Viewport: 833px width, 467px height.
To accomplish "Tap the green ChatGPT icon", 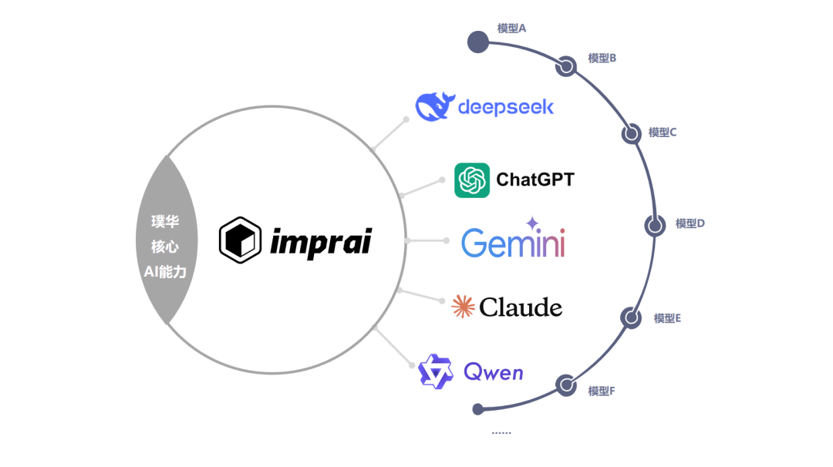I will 472,180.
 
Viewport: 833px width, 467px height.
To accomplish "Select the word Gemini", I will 513,243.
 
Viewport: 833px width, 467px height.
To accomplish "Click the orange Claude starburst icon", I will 463,307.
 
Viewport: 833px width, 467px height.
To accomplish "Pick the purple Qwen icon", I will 435,371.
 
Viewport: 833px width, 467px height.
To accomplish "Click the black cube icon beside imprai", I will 239,240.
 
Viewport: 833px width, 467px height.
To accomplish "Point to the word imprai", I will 321,242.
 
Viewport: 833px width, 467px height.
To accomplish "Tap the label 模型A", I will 511,29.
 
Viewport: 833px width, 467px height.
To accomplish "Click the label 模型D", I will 690,223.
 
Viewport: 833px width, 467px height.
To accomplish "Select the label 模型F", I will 602,391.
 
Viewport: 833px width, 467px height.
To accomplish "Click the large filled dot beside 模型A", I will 479,42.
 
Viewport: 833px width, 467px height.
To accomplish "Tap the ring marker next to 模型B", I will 567,67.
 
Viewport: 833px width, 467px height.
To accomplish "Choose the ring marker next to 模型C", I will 632,134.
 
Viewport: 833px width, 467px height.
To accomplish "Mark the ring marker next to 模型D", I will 656,225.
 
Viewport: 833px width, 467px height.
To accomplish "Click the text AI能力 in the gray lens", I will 165,271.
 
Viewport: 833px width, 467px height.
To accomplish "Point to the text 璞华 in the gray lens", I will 165,222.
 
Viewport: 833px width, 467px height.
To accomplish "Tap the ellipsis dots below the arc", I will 501,433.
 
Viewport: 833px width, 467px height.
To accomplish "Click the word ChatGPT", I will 535,180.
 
